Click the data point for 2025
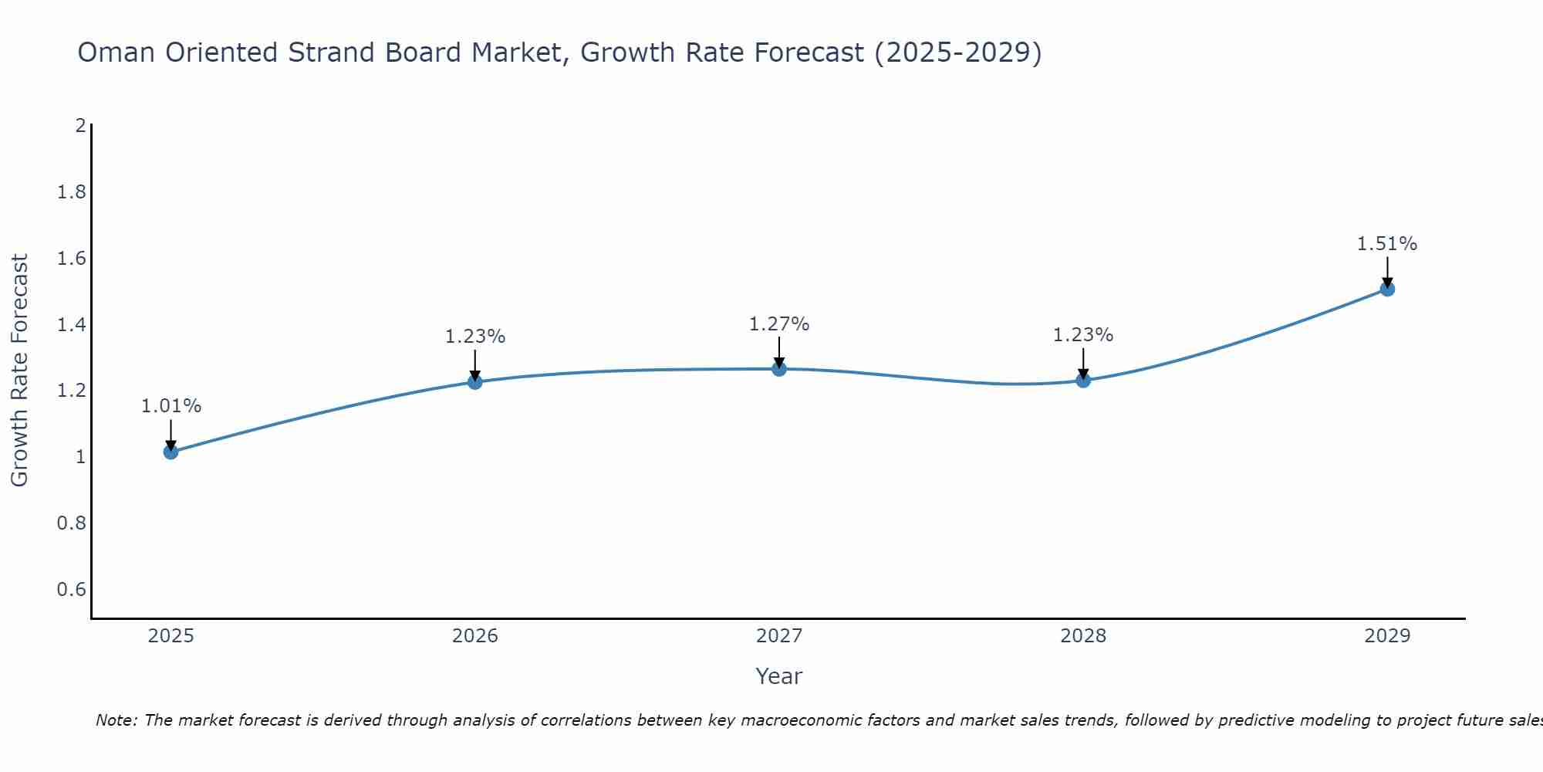tap(171, 452)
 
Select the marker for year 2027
tap(779, 369)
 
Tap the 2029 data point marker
tap(1387, 289)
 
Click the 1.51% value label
tap(1387, 244)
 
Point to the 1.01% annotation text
tap(171, 406)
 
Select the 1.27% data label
tap(779, 324)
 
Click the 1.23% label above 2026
tap(475, 337)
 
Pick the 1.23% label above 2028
tap(1083, 335)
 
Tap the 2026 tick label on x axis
tap(475, 636)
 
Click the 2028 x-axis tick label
tap(1083, 636)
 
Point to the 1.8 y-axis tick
tap(71, 192)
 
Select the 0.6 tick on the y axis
tap(71, 590)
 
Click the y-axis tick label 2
tap(80, 126)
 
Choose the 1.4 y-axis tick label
tap(71, 325)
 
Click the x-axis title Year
tap(779, 676)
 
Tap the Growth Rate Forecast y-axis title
tap(19, 371)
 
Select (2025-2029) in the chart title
tap(957, 52)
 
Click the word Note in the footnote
tap(116, 720)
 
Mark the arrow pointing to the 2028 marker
tap(1083, 363)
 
